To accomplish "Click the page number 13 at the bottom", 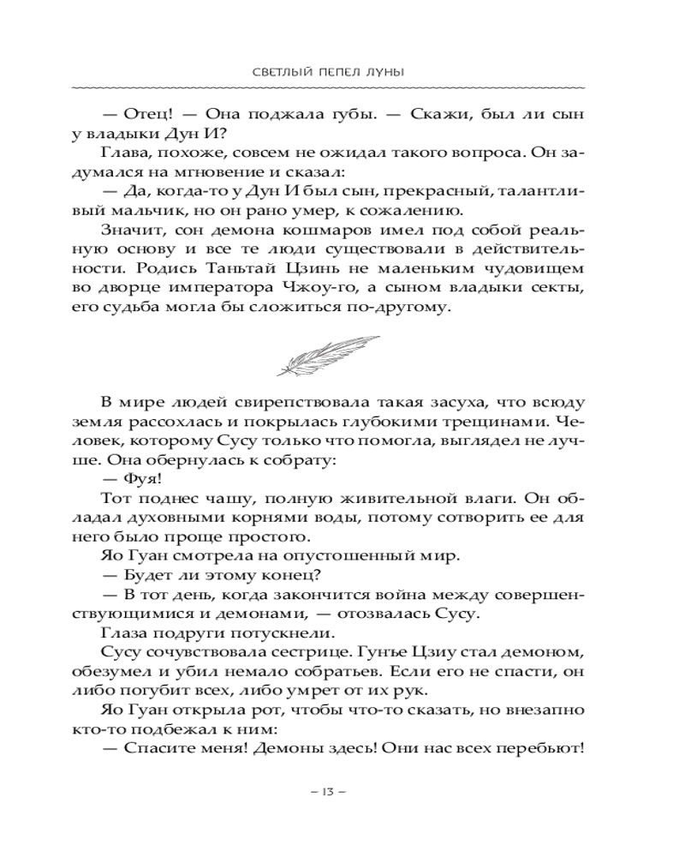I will point(329,789).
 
